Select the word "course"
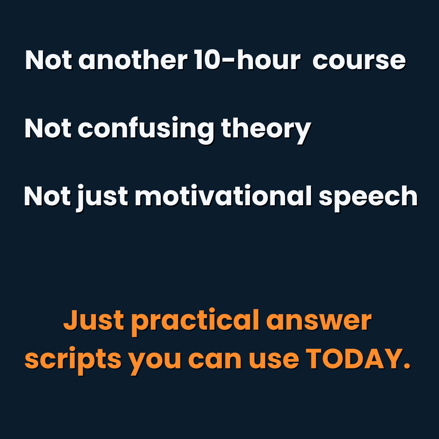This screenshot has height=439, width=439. [x=359, y=61]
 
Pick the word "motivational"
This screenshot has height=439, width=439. [x=223, y=197]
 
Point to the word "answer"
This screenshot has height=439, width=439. [x=319, y=321]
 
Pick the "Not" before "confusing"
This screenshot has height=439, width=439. [x=48, y=129]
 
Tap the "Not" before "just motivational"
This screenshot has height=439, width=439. [x=48, y=197]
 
